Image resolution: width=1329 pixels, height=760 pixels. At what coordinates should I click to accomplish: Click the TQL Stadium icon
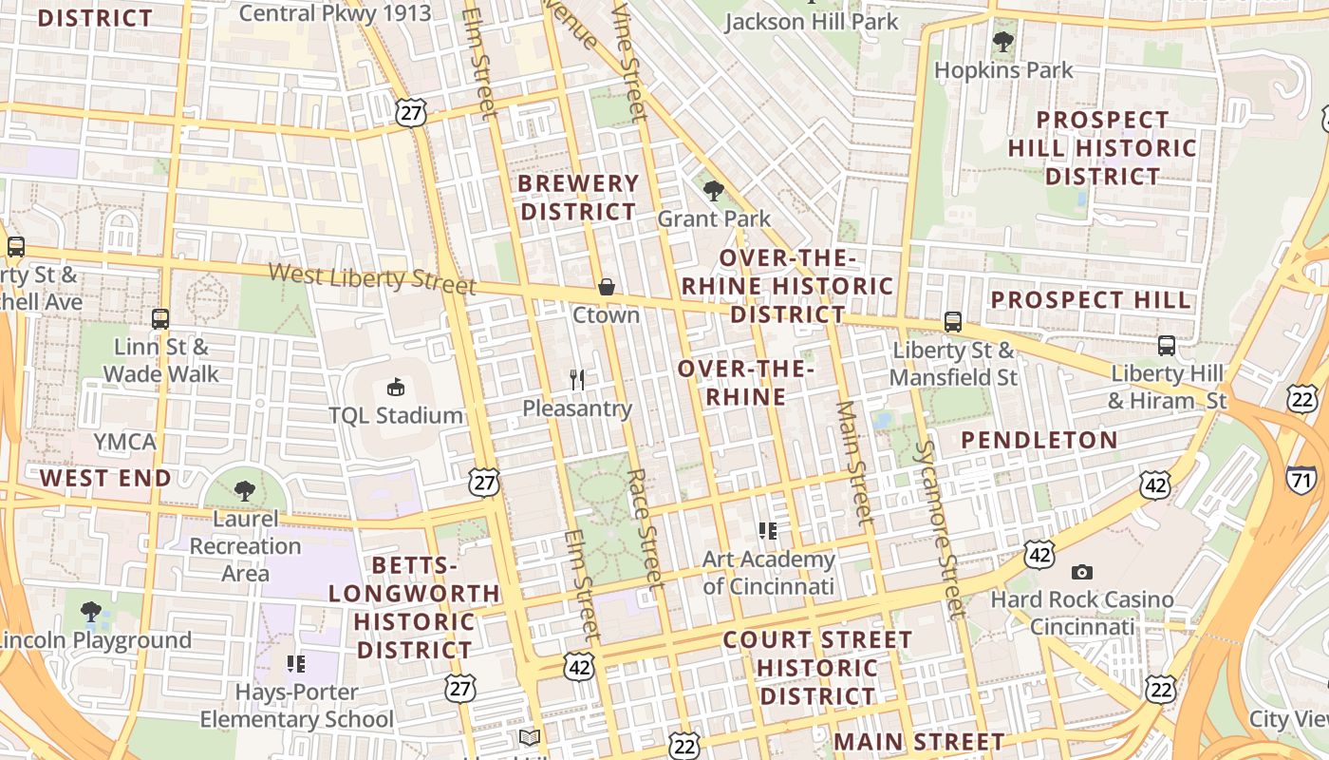tap(395, 387)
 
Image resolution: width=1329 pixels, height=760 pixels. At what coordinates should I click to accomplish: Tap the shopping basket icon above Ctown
tap(606, 287)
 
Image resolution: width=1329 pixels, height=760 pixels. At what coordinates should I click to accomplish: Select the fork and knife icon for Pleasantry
tap(577, 380)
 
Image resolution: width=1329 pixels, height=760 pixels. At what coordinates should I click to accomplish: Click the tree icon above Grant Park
tap(714, 191)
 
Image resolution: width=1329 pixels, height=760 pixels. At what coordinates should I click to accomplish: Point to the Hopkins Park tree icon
tap(1002, 42)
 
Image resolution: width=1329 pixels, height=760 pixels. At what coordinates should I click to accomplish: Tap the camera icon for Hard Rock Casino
tap(1081, 572)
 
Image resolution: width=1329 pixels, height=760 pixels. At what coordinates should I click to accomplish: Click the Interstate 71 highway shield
tap(1302, 480)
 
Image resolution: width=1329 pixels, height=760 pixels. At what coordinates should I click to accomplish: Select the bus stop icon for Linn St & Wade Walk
tap(160, 319)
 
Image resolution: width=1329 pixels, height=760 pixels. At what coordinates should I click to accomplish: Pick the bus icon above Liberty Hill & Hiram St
tap(1167, 346)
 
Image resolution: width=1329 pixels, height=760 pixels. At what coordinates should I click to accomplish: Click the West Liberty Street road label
tap(371, 278)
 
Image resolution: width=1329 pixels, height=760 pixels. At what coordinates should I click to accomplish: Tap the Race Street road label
tap(644, 526)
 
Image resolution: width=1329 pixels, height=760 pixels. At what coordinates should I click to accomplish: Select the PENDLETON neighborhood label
tap(1039, 440)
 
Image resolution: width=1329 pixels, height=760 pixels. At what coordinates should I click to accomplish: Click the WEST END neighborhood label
tap(105, 478)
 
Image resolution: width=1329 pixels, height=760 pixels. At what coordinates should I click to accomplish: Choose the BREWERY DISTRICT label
tap(579, 198)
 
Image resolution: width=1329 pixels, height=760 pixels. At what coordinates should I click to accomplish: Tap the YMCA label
tap(124, 442)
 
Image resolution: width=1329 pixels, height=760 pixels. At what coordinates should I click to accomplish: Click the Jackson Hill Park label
tap(811, 21)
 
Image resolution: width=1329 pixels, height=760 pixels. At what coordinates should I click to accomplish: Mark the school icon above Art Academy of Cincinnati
tap(768, 530)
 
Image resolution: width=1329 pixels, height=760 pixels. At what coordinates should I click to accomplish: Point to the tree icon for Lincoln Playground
tap(91, 611)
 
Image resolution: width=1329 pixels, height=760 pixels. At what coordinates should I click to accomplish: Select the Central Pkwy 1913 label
tap(334, 13)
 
